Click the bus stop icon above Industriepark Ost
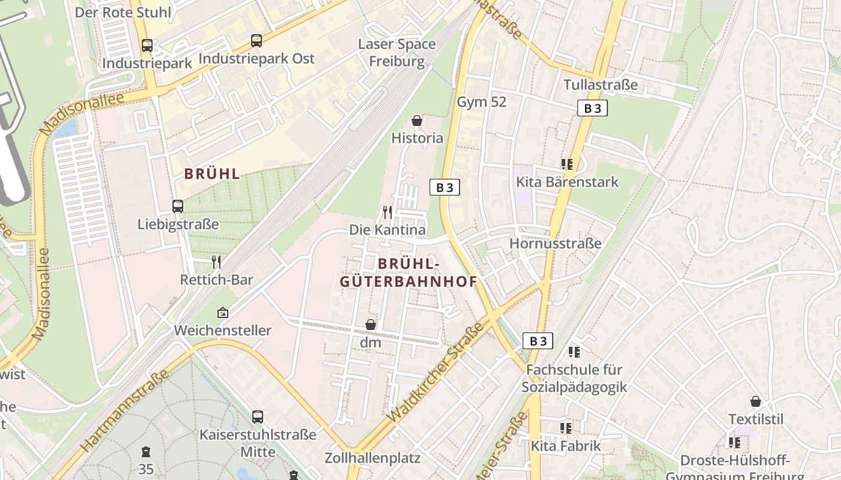(x=257, y=41)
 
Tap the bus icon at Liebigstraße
(x=178, y=206)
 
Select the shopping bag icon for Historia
(x=417, y=121)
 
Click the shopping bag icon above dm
(x=371, y=325)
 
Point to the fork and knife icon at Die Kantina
(x=387, y=212)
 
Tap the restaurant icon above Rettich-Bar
(x=217, y=262)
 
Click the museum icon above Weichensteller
(x=223, y=312)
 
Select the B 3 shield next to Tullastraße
(x=592, y=108)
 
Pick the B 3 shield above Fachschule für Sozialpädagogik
(x=538, y=341)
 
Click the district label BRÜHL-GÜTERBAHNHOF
(x=408, y=272)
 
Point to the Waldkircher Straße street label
(x=437, y=371)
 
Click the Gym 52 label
(x=482, y=102)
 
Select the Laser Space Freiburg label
(x=396, y=53)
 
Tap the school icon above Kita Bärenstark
(x=566, y=164)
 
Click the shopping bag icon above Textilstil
(x=756, y=401)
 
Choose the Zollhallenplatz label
(x=372, y=458)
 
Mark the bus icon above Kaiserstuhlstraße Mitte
(x=258, y=416)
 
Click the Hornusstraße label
(x=555, y=244)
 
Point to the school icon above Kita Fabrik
(x=566, y=428)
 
